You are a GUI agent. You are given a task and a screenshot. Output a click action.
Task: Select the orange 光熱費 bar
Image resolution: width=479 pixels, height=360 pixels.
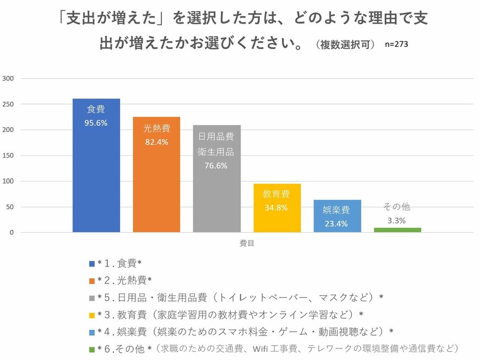tap(156, 182)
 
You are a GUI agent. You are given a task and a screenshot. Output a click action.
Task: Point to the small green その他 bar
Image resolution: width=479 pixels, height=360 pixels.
tap(397, 230)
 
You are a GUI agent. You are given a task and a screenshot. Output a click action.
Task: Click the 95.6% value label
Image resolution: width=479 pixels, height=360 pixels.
tap(96, 123)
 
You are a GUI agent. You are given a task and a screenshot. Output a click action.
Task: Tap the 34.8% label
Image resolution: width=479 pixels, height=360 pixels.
tap(277, 208)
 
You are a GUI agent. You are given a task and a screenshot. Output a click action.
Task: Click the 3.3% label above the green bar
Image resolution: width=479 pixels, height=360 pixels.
tap(397, 220)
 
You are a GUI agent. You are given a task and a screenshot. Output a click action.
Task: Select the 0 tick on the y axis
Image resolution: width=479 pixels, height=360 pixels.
tap(12, 233)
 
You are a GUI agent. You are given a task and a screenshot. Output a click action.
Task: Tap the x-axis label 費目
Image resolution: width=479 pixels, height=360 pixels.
tap(247, 243)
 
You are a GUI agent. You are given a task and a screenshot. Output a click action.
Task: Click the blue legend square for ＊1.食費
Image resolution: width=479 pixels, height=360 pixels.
tap(92, 263)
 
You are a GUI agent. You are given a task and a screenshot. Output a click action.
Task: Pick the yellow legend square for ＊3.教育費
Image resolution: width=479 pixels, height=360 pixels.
tap(92, 314)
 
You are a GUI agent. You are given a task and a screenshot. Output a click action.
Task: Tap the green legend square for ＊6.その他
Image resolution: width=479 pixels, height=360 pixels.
tap(92, 348)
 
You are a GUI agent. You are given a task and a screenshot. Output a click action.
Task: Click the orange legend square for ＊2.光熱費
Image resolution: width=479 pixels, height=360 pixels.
tap(92, 280)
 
